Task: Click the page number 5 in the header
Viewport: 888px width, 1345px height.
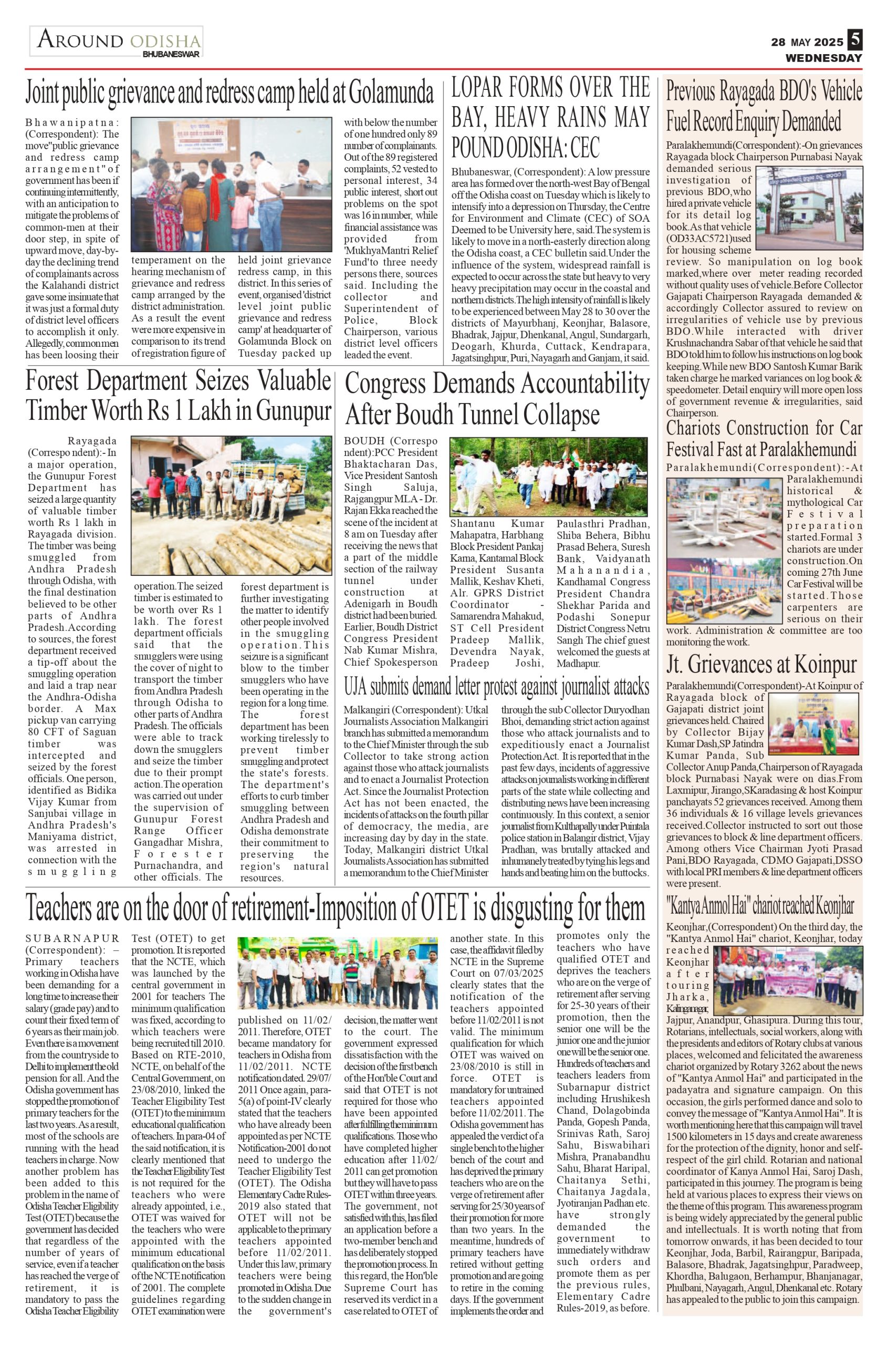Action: click(854, 42)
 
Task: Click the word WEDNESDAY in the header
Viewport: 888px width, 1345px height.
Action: click(823, 58)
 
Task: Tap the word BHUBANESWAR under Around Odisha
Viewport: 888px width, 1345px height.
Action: click(171, 55)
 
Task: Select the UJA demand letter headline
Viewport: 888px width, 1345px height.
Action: click(497, 687)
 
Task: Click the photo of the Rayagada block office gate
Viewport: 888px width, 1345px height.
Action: click(809, 211)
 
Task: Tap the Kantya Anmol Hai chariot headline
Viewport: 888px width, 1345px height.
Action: click(759, 906)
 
